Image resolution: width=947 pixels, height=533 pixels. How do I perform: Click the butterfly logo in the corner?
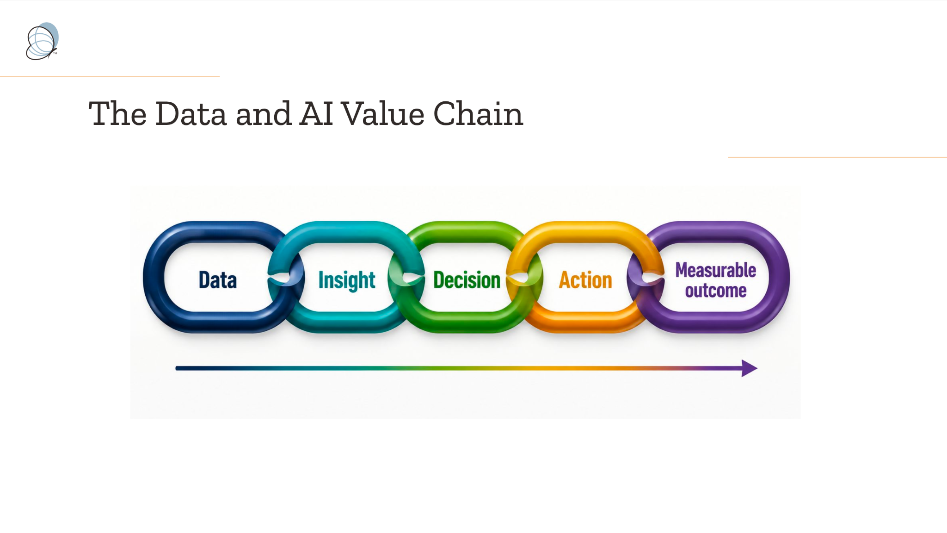[x=42, y=41]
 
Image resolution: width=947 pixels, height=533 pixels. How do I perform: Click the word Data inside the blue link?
[x=218, y=280]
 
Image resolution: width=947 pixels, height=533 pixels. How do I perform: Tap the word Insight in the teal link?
[x=347, y=280]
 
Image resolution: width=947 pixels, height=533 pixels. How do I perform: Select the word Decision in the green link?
[x=467, y=280]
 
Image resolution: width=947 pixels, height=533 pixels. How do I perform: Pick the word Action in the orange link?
[x=585, y=280]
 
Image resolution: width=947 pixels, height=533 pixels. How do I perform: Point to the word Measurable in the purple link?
[x=716, y=270]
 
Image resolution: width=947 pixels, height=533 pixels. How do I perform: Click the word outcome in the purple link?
[x=716, y=291]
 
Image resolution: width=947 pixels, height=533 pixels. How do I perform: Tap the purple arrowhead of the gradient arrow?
[x=749, y=368]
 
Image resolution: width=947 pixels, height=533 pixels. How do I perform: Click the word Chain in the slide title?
[x=478, y=114]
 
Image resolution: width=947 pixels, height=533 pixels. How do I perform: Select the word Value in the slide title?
[x=383, y=114]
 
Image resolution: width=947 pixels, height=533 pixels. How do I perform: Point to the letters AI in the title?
[x=316, y=114]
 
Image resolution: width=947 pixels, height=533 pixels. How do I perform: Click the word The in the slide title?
[x=117, y=114]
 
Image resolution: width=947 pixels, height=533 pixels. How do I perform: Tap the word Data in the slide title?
[x=191, y=114]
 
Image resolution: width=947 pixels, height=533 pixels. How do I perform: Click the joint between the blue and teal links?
[x=286, y=278]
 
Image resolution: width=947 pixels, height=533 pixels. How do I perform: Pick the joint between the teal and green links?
[x=406, y=278]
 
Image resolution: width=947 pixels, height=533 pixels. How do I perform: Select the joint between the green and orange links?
[x=524, y=278]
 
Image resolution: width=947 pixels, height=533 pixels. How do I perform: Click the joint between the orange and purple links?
[x=646, y=278]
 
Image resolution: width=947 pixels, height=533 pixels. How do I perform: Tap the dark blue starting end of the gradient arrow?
[x=178, y=368]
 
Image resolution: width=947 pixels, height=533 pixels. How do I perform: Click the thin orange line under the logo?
[x=110, y=76]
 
